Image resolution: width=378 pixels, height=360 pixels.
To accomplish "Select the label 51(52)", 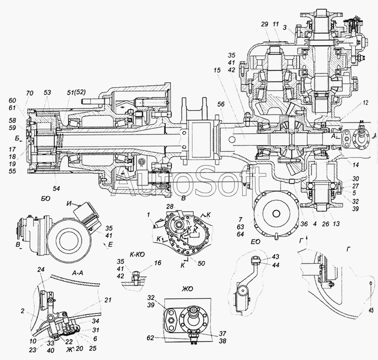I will click(75, 92).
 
